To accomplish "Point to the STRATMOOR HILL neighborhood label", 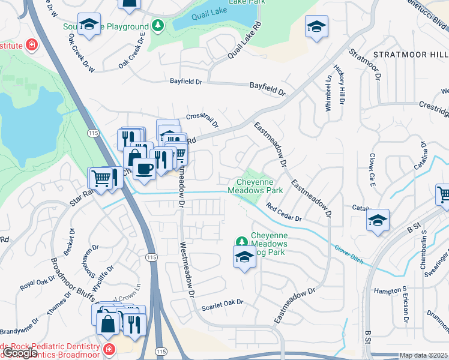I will (x=410, y=55).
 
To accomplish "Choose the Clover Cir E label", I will (x=372, y=170).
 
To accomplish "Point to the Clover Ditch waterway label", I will (x=350, y=248).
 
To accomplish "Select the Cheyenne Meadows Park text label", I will (x=255, y=185).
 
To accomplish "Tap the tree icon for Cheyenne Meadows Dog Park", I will (x=242, y=241).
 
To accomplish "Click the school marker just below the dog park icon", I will (x=244, y=258).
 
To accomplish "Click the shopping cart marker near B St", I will (x=444, y=194).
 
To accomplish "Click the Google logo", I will (x=20, y=353).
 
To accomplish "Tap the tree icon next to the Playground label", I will (x=157, y=26).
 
